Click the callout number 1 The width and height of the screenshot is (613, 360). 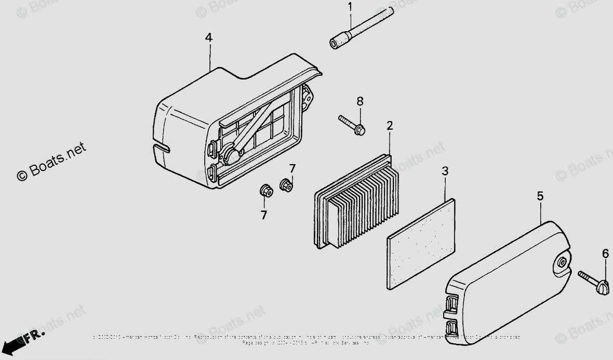(x=350, y=7)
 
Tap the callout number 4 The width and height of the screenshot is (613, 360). (x=208, y=37)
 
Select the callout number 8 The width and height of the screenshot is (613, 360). (x=359, y=101)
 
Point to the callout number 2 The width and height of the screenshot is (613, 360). (x=390, y=125)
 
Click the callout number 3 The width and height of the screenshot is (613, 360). (x=445, y=171)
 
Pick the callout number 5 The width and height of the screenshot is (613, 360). (x=540, y=196)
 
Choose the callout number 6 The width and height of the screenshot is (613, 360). (x=605, y=254)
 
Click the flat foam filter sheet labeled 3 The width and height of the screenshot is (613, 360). (x=422, y=244)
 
